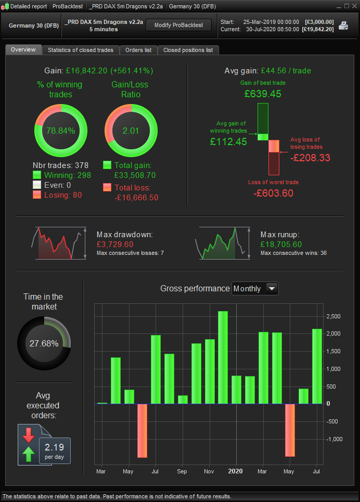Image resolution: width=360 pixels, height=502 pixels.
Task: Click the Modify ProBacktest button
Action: pyautogui.click(x=178, y=25)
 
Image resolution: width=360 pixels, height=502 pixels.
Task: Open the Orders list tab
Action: pyautogui.click(x=138, y=50)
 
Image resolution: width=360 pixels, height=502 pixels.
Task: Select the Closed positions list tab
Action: pyautogui.click(x=188, y=50)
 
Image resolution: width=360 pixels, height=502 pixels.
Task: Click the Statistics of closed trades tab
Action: pyautogui.click(x=81, y=50)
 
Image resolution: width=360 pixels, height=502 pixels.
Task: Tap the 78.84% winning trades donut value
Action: pyautogui.click(x=61, y=131)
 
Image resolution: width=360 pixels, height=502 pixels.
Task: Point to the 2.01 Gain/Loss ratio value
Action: pyautogui.click(x=131, y=131)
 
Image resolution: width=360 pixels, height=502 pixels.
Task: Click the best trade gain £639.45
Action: pyautogui.click(x=263, y=94)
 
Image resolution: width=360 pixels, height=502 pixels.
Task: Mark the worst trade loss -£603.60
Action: pyautogui.click(x=273, y=193)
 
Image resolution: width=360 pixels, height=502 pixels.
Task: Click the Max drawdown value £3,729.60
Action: pyautogui.click(x=115, y=244)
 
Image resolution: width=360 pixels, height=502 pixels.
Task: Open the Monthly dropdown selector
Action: pyautogui.click(x=255, y=289)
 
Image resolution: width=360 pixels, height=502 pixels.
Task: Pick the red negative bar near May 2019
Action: pyautogui.click(x=142, y=430)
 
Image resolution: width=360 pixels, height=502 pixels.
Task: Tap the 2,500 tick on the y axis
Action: pyautogui.click(x=333, y=316)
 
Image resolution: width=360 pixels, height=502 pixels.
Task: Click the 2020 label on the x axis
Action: pyautogui.click(x=236, y=472)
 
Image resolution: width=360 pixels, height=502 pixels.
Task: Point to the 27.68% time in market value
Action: pyautogui.click(x=44, y=344)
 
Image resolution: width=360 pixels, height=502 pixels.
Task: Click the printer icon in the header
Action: pyautogui.click(x=344, y=25)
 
